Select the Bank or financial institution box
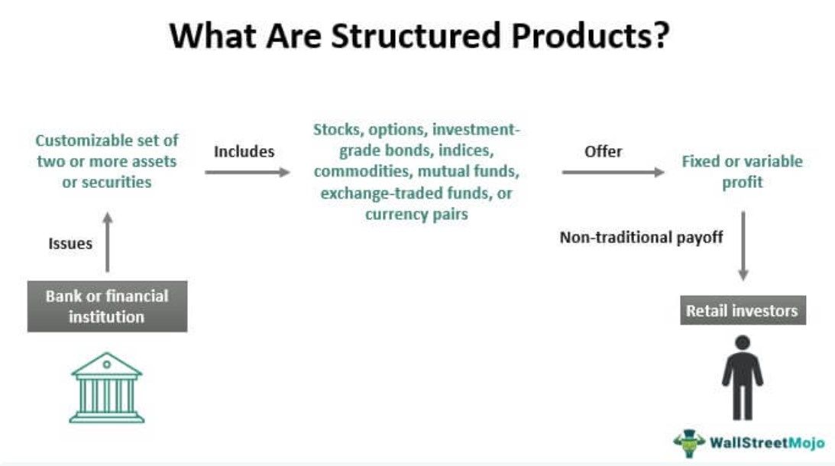pos(107,306)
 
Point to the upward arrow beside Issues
pos(107,241)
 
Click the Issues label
pos(70,244)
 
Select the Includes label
pos(244,151)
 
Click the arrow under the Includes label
pos(248,173)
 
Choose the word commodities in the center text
pos(362,172)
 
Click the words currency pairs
pos(416,215)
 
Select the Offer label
pos(604,151)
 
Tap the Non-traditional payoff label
pos(641,238)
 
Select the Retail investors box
pos(743,311)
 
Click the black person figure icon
pos(742,377)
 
